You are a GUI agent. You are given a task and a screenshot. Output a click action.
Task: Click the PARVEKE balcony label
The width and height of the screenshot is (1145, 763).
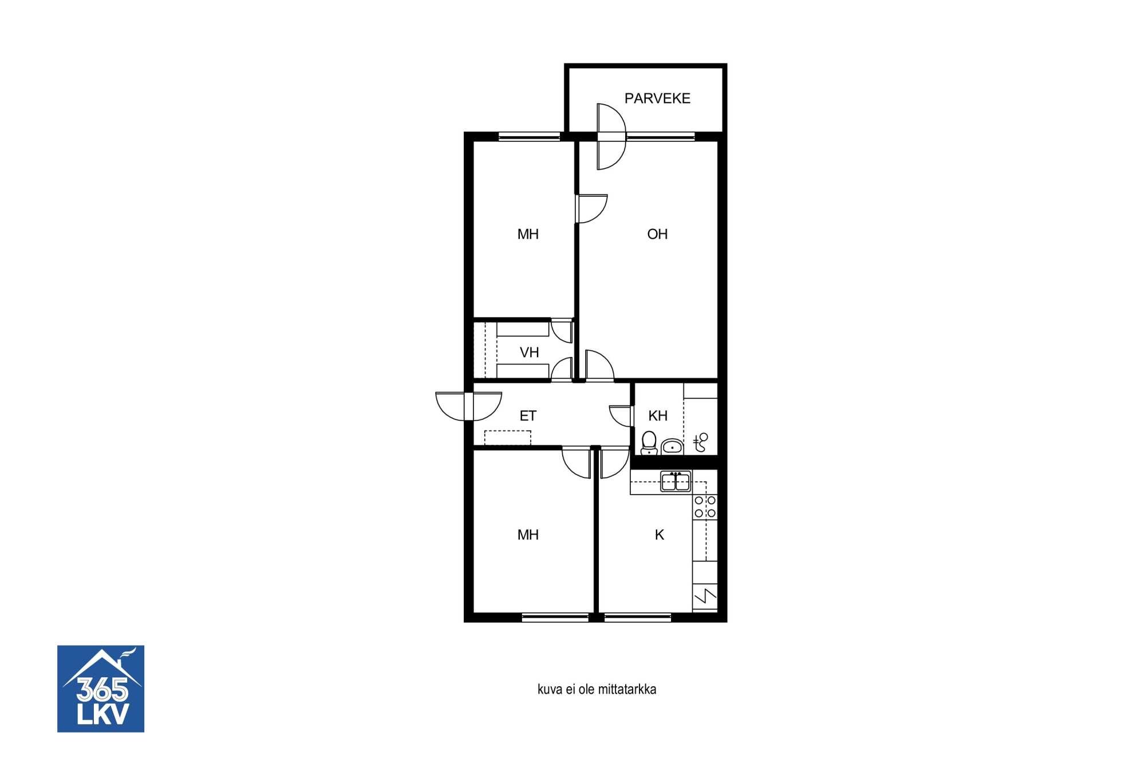[657, 98]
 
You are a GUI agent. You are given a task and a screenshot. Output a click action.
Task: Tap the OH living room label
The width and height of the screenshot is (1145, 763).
[657, 234]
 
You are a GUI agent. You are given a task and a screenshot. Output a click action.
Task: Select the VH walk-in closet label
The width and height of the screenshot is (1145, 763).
[529, 353]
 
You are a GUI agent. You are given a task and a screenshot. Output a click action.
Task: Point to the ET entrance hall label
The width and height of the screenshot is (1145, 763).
[528, 416]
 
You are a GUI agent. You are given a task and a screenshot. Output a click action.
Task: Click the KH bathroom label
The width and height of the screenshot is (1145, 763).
[658, 416]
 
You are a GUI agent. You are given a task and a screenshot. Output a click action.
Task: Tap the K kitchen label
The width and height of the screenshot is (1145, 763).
[660, 535]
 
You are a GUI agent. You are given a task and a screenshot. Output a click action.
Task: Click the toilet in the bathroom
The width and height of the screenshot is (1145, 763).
[649, 443]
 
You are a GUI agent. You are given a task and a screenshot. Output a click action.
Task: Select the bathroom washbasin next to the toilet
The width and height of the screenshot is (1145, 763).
[672, 446]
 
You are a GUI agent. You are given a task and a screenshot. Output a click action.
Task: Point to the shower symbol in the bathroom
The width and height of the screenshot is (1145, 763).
[701, 442]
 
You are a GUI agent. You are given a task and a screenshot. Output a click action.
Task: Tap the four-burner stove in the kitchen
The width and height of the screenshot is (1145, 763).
[705, 507]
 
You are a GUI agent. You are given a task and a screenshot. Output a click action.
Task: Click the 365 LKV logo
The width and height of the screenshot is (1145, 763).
[101, 689]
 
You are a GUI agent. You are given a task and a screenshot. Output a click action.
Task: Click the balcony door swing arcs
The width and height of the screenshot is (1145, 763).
[611, 137]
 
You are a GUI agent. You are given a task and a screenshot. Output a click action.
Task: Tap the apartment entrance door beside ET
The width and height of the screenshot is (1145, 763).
[469, 406]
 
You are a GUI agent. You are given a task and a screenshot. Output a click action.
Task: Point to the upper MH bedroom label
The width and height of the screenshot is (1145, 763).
[528, 234]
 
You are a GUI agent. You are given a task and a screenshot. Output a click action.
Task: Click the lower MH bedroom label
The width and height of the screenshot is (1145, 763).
[528, 535]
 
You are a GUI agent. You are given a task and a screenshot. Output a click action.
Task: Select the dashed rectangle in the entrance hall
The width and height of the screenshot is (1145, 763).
[508, 438]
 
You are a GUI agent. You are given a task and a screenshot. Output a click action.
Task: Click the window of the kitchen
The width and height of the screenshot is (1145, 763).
[638, 618]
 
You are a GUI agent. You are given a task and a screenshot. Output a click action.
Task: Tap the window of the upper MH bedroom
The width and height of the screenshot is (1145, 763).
[530, 136]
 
